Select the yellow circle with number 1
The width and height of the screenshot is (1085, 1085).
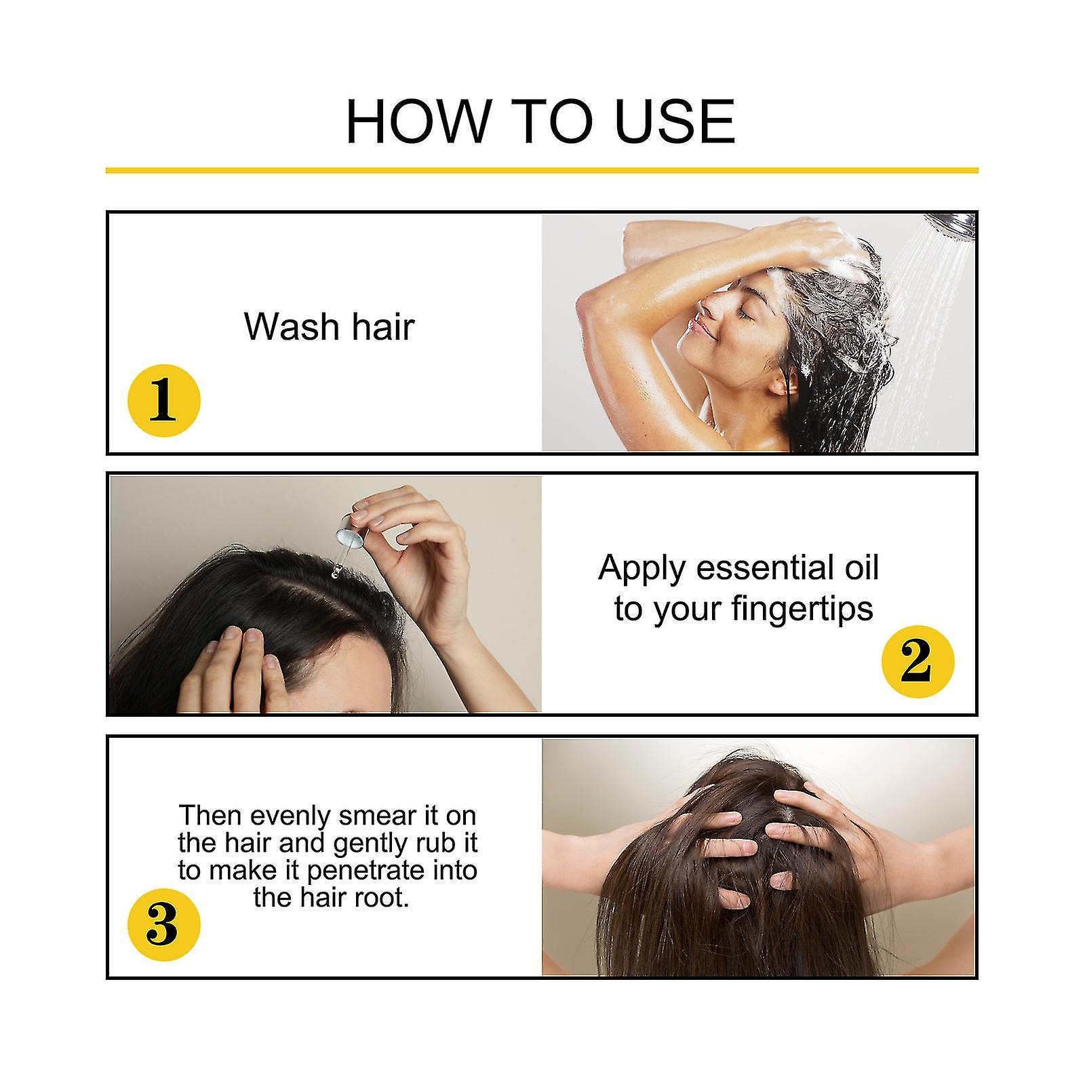pos(164,400)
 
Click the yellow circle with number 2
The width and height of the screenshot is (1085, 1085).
pos(918,662)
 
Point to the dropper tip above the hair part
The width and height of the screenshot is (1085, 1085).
pos(334,574)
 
